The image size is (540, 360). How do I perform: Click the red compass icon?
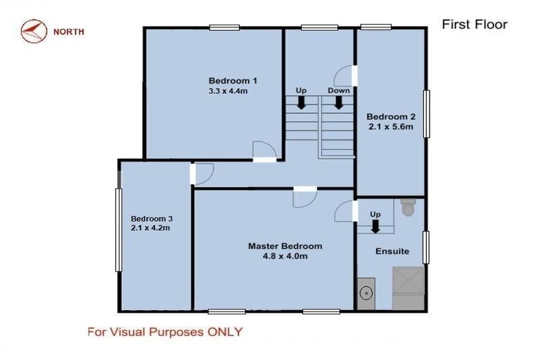click(x=33, y=32)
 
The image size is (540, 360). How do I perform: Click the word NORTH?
click(x=69, y=32)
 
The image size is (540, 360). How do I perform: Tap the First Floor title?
click(x=474, y=25)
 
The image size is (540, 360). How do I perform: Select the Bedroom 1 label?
click(x=229, y=80)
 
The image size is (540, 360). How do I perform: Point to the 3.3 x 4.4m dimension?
click(x=229, y=91)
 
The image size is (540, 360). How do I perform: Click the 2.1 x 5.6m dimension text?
click(x=390, y=127)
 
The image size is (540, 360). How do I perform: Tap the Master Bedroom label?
click(x=285, y=246)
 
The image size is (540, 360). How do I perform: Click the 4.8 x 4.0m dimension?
click(x=285, y=257)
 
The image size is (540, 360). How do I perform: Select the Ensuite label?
click(x=392, y=251)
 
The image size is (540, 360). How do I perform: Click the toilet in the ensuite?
click(x=408, y=208)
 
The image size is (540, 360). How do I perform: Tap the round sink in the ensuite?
click(x=366, y=293)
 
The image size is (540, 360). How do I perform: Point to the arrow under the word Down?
click(x=338, y=103)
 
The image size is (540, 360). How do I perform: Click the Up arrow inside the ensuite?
click(x=375, y=226)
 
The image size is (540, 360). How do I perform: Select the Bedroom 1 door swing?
click(x=262, y=150)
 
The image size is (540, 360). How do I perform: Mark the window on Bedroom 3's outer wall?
click(x=119, y=229)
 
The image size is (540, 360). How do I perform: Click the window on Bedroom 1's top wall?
click(x=224, y=28)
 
